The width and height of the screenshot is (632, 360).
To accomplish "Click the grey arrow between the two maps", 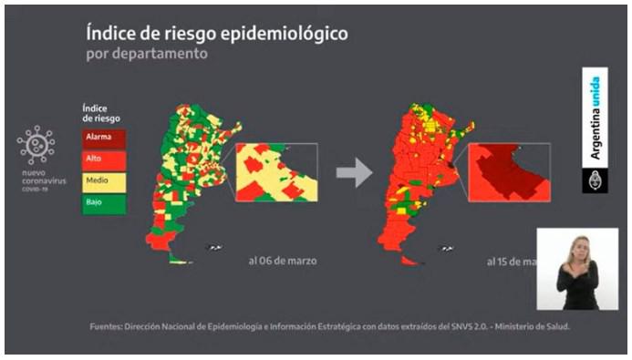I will [355, 171].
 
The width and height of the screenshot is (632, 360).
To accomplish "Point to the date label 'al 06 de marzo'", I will [284, 261].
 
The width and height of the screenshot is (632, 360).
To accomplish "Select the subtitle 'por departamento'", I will [147, 54].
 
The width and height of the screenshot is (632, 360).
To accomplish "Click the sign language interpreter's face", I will [576, 247].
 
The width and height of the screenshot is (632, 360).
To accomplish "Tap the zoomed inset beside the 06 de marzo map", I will [276, 172].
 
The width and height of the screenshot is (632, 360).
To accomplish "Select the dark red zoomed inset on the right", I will [509, 172].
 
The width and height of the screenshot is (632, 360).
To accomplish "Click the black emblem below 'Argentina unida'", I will [595, 180].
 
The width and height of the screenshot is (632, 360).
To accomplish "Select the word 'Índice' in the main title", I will [111, 34].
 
